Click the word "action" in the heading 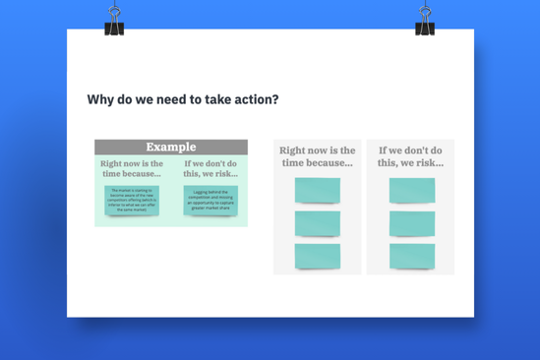coord(252,99)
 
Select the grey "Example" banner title coord(171,147)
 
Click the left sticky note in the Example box coord(132,200)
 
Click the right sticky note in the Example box coord(210,200)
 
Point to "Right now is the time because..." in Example coord(132,167)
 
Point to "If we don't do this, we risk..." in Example coord(210,167)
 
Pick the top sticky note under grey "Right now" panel coord(317,191)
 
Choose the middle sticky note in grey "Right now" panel coord(317,223)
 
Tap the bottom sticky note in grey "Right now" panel coord(317,256)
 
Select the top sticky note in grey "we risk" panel coord(411,191)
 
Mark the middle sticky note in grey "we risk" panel coord(411,223)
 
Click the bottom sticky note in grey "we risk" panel coord(411,256)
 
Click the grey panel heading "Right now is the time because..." coord(317,156)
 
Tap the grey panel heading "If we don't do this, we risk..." coord(411,156)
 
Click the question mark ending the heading coord(277,99)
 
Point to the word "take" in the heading coord(214,99)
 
